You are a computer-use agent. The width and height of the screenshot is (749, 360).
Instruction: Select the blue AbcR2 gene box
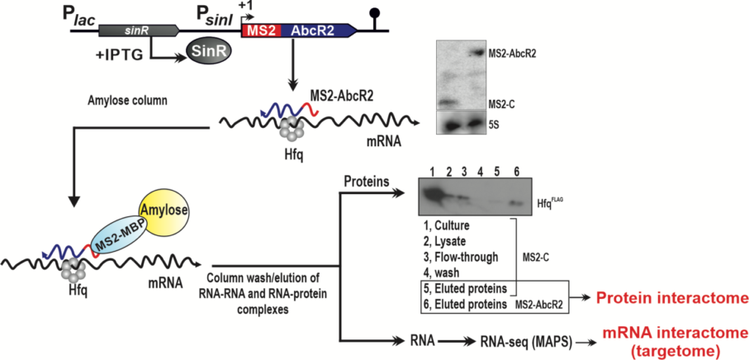pos(315,31)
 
